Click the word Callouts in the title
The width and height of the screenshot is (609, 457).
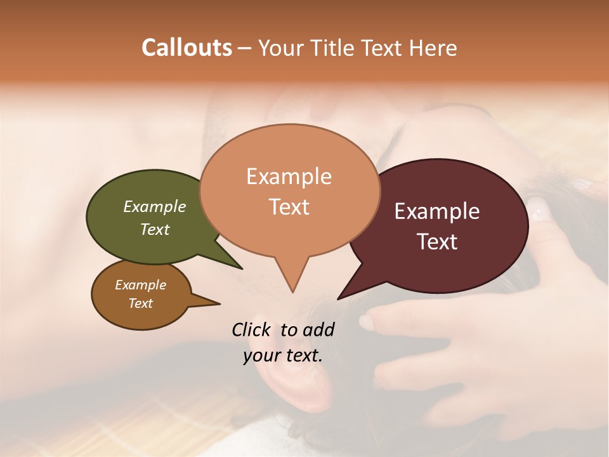(x=187, y=48)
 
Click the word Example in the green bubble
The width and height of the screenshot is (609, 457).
(x=155, y=206)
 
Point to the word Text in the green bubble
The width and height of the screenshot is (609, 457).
(x=155, y=229)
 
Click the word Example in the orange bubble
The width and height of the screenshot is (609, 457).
(x=289, y=176)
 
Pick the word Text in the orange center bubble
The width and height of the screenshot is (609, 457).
(x=289, y=207)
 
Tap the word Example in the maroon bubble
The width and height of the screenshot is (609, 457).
(x=437, y=211)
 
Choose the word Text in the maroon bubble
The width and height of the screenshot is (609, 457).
(x=437, y=242)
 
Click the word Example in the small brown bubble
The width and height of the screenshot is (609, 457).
(x=140, y=285)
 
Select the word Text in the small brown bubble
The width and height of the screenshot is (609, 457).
(x=140, y=303)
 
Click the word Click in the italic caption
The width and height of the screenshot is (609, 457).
(x=251, y=329)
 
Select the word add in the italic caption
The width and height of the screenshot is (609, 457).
(x=318, y=329)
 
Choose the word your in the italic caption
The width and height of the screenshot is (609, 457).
(x=260, y=355)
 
